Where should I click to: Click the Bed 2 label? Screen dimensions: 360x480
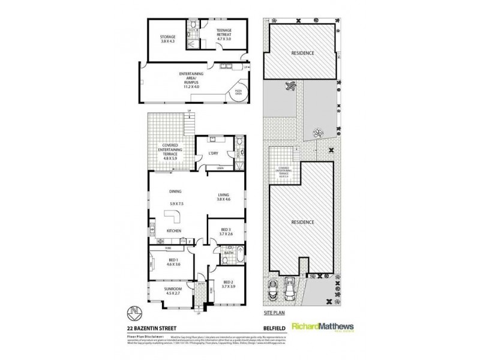point(229,284)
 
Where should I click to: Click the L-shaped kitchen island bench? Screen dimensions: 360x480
point(176,215)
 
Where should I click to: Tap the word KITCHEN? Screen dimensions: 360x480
point(174,231)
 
